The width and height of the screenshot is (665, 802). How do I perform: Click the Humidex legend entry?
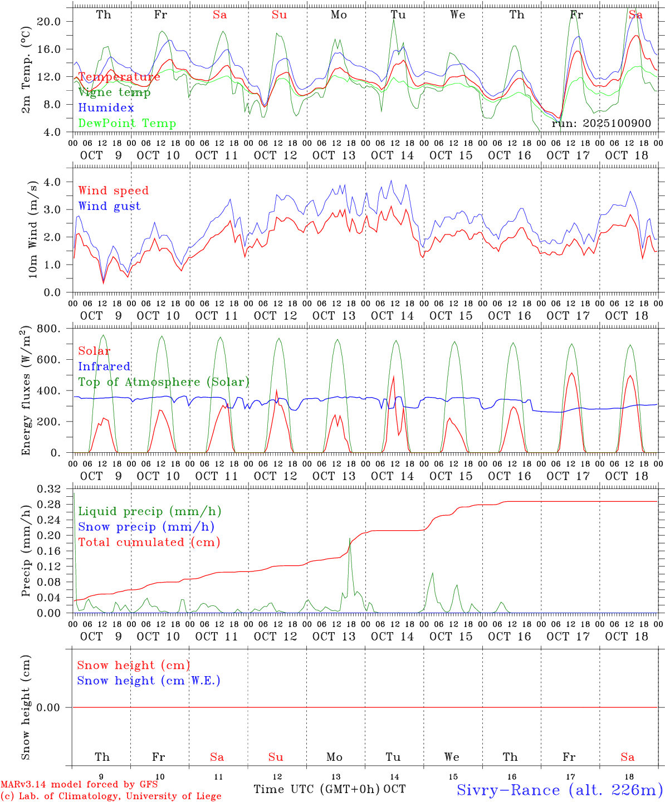(x=106, y=108)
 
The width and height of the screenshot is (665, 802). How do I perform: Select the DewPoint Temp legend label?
(x=127, y=124)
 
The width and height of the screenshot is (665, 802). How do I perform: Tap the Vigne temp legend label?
(x=114, y=92)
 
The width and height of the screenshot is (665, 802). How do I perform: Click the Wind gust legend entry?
(x=109, y=206)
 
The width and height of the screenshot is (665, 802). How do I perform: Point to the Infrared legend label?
(x=104, y=366)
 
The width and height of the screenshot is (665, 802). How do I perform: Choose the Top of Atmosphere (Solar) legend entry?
(x=164, y=382)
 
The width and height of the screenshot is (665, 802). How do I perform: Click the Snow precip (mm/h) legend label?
(x=146, y=527)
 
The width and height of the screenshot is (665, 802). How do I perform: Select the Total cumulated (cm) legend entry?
(x=149, y=542)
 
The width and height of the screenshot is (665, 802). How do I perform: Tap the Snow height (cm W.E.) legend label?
(x=149, y=681)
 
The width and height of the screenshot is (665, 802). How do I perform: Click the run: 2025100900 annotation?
(x=601, y=124)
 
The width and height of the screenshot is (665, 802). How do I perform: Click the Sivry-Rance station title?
(x=559, y=790)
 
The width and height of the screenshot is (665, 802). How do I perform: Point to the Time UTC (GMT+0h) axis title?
(x=316, y=789)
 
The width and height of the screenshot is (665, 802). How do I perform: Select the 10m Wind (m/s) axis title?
(x=32, y=229)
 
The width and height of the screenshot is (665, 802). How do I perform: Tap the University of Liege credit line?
(x=111, y=796)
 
